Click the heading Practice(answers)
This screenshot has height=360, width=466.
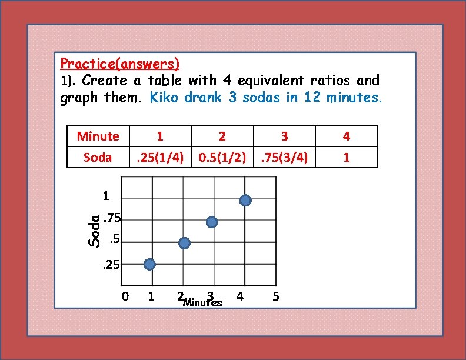click(x=120, y=62)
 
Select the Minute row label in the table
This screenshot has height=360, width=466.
click(x=98, y=136)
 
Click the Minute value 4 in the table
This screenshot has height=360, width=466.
click(x=347, y=136)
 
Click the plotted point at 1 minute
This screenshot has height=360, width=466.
click(x=150, y=265)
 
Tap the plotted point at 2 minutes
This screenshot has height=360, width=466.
click(x=184, y=244)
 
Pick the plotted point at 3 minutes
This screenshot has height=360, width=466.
click(x=212, y=222)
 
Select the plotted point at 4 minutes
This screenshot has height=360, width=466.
click(x=245, y=201)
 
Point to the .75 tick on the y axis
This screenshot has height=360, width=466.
click(x=112, y=219)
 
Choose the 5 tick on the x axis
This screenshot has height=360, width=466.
click(x=276, y=296)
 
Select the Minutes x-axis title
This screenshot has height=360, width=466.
click(x=202, y=303)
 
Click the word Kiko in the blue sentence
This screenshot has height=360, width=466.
click(x=165, y=97)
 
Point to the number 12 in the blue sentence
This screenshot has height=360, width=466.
click(x=312, y=97)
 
